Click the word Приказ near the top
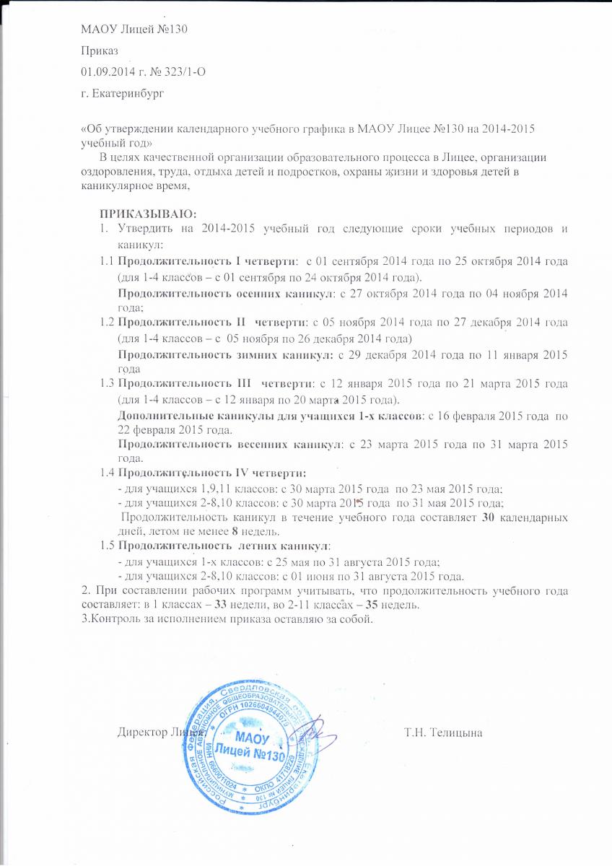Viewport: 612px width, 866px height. [99, 51]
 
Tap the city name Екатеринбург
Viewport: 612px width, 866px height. [133, 92]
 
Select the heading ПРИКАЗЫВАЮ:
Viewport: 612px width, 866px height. [148, 214]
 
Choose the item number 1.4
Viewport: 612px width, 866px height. [108, 473]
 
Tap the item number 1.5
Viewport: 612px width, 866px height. [108, 545]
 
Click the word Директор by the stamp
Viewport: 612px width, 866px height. [142, 734]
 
